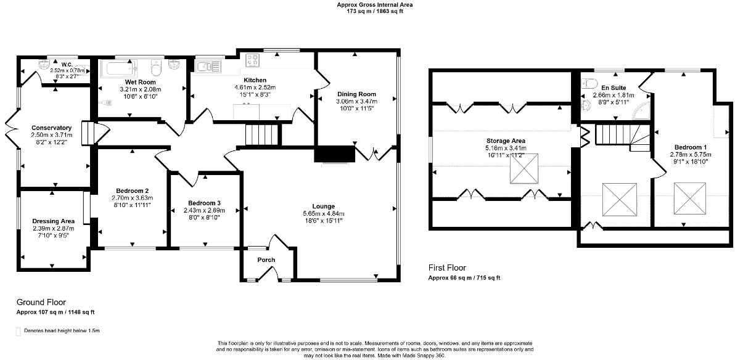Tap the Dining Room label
[356, 94]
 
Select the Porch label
[266, 260]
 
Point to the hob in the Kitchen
[253, 60]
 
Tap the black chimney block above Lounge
[335, 154]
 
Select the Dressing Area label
[53, 221]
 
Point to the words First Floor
[447, 268]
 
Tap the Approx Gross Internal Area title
[375, 4]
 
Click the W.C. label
[67, 63]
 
